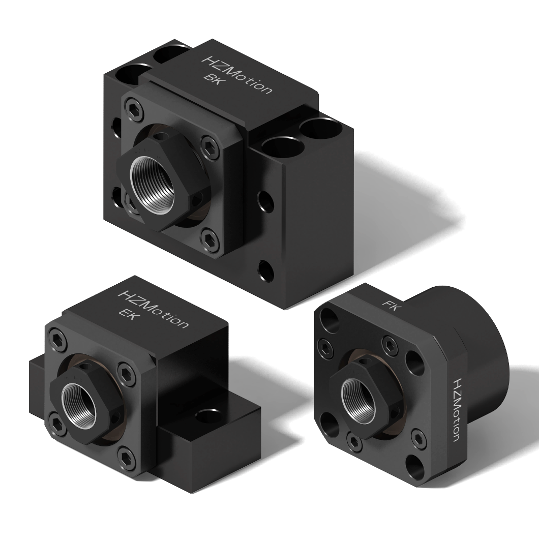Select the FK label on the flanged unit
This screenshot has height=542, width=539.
(391, 305)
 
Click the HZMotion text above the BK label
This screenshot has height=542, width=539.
(236, 75)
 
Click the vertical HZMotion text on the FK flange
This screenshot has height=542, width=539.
(456, 409)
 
